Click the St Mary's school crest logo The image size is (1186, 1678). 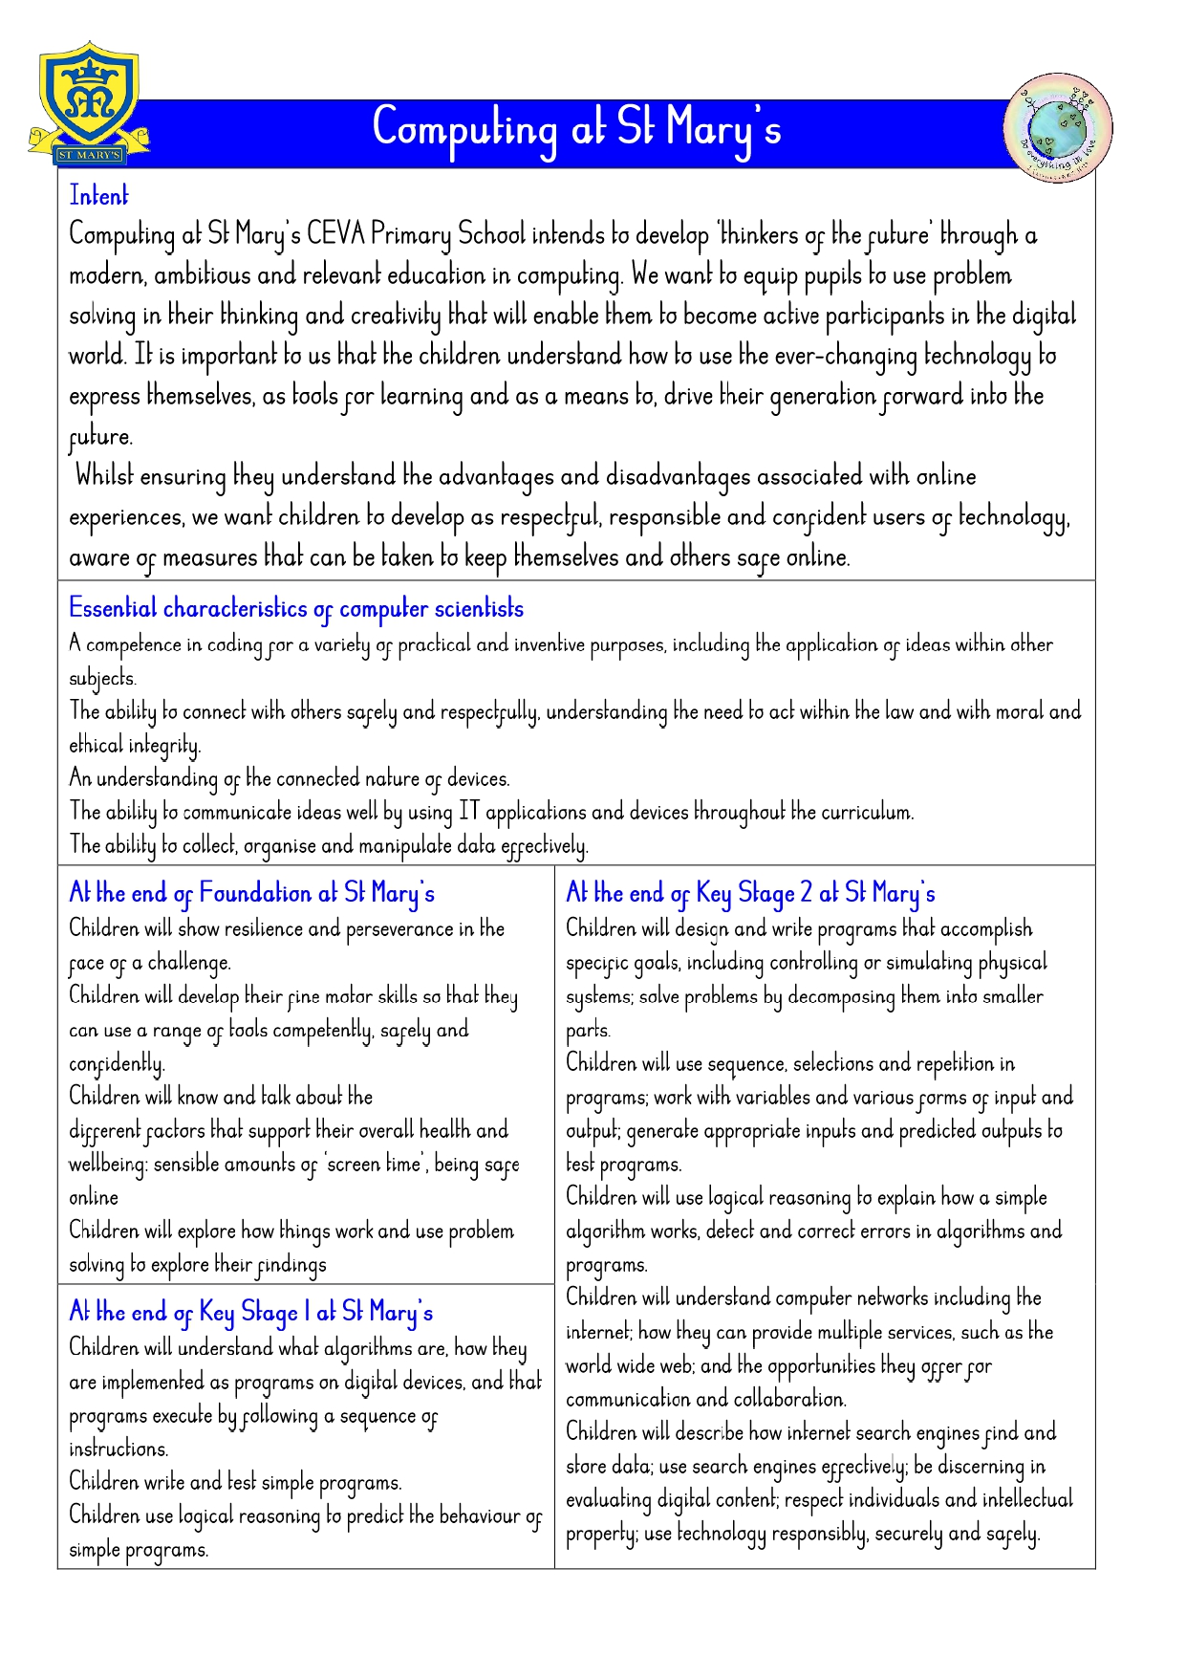pos(88,103)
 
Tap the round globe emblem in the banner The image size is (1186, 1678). pos(1058,127)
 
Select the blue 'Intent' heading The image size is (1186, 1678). pos(98,196)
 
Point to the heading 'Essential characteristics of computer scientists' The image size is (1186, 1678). pos(296,609)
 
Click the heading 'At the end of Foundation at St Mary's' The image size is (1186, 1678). pos(251,893)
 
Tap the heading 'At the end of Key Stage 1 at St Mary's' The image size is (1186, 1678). pos(250,1312)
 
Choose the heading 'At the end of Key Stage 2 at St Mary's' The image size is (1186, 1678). pos(750,893)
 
